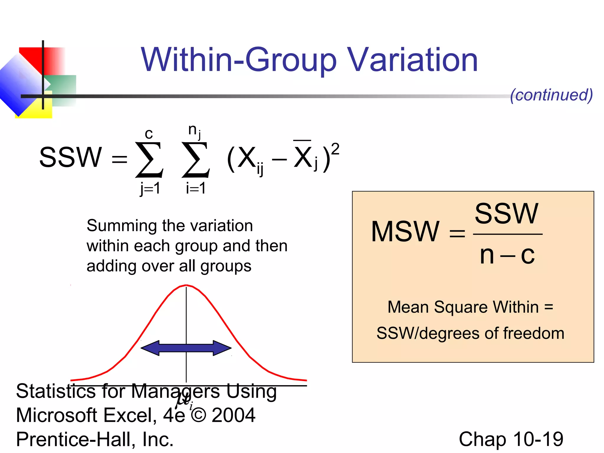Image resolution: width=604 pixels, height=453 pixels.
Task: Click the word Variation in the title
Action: (412, 60)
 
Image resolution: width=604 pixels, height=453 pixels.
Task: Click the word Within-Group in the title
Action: (238, 60)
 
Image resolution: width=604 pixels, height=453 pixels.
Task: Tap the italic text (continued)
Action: (551, 95)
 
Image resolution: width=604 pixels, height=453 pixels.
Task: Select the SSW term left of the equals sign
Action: (70, 157)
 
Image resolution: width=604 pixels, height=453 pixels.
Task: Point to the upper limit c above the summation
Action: (149, 134)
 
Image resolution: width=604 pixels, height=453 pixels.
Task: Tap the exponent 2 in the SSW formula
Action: (335, 149)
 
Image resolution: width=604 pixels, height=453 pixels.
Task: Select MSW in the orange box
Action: (405, 232)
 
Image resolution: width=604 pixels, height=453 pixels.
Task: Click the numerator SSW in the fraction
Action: (506, 214)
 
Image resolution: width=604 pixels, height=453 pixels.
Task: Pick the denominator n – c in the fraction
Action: (507, 255)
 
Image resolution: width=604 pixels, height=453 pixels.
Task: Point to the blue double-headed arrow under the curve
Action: (186, 348)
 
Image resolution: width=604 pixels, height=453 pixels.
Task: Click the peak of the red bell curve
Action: (186, 285)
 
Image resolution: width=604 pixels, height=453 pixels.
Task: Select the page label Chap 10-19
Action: (511, 439)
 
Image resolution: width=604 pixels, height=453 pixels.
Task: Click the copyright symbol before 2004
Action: (198, 415)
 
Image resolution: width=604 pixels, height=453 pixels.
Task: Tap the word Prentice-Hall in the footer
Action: (75, 439)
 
